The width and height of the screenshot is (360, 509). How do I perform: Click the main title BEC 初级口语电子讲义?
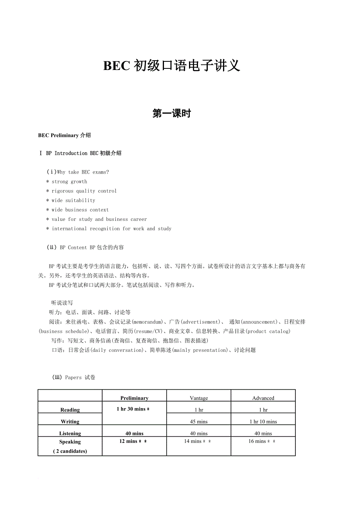pyautogui.click(x=171, y=66)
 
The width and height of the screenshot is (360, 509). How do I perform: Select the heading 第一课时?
pyautogui.click(x=171, y=114)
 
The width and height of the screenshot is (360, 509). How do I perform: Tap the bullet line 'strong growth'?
pyautogui.click(x=69, y=182)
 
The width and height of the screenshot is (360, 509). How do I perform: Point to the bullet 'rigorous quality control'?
pyautogui.click(x=84, y=191)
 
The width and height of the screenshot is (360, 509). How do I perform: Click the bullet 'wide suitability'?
pyautogui.click(x=73, y=201)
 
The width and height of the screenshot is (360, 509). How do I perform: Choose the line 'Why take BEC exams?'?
pyautogui.click(x=83, y=172)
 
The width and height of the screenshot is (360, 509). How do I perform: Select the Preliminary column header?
pyautogui.click(x=134, y=398)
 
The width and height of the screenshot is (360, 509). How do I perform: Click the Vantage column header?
pyautogui.click(x=199, y=398)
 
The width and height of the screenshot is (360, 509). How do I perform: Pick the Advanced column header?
pyautogui.click(x=263, y=398)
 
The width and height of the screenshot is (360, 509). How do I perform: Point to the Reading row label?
pyautogui.click(x=70, y=410)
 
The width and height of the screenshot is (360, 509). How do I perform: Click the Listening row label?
pyautogui.click(x=70, y=433)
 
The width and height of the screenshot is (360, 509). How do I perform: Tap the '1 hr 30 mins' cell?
pyautogui.click(x=133, y=409)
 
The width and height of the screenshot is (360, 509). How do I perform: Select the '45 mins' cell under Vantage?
pyautogui.click(x=199, y=421)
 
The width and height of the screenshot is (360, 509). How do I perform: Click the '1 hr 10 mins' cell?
pyautogui.click(x=263, y=421)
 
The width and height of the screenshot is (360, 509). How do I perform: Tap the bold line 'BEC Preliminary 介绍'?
pyautogui.click(x=65, y=135)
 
